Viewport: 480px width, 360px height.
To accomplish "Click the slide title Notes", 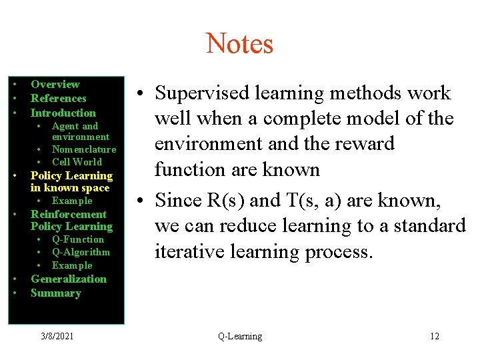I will tap(239, 44).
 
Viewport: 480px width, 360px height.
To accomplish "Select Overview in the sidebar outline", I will tap(55, 85).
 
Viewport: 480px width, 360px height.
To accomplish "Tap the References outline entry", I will tap(59, 99).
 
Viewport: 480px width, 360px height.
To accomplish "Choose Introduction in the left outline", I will tap(63, 113).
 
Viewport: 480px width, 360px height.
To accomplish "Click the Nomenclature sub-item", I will tap(84, 149).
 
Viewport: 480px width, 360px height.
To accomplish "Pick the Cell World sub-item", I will tap(77, 162).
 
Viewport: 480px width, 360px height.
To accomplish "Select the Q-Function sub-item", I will tap(78, 239).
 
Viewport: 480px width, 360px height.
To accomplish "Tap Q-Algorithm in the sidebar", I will tap(81, 252).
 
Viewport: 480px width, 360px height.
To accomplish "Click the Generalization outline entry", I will tap(69, 279).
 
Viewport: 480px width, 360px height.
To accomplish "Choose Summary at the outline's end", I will tap(55, 293).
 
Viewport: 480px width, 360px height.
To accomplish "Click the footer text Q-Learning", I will tap(240, 337).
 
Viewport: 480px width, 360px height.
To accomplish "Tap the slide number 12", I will tap(435, 337).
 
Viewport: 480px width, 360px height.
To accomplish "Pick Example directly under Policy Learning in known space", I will tap(72, 201).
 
